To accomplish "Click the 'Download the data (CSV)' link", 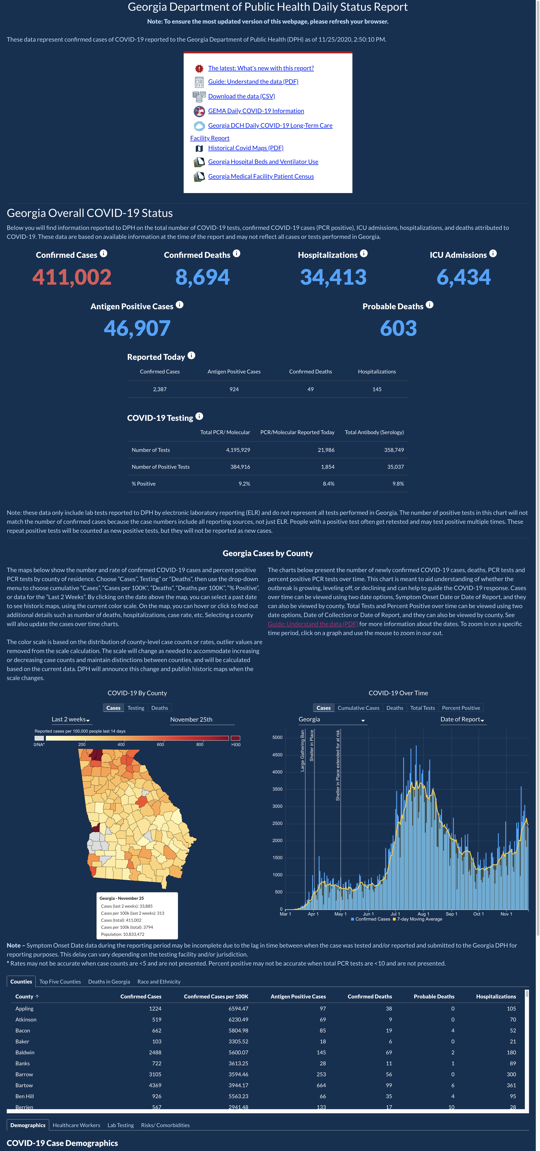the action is point(241,96).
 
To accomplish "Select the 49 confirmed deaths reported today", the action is point(310,389).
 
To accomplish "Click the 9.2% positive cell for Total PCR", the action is point(244,483).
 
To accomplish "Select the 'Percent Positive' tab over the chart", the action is point(461,708).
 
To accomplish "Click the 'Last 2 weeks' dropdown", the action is point(71,719).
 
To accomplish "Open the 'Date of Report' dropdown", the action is point(462,719).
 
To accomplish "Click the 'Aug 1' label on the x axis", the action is point(423,914).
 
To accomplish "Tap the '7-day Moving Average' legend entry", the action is point(418,919).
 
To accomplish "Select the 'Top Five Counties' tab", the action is point(60,982).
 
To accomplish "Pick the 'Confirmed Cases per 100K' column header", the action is point(216,996).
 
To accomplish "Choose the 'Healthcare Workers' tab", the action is point(76,1125).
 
